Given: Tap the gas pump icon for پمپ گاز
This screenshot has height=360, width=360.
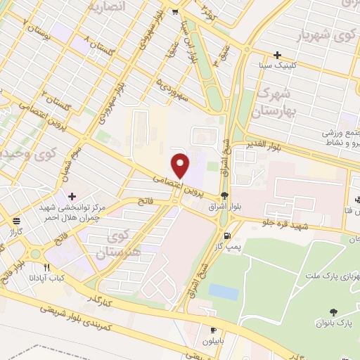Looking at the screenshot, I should click(227, 236).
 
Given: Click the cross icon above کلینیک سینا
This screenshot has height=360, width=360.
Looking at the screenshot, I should click(278, 55).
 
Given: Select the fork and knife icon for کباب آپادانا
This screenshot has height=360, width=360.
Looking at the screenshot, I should click(47, 267).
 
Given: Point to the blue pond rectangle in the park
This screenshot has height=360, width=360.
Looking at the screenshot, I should click(224, 292).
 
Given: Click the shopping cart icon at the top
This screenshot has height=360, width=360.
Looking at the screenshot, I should click(175, 11).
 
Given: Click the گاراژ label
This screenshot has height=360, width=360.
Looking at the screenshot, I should click(15, 231).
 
